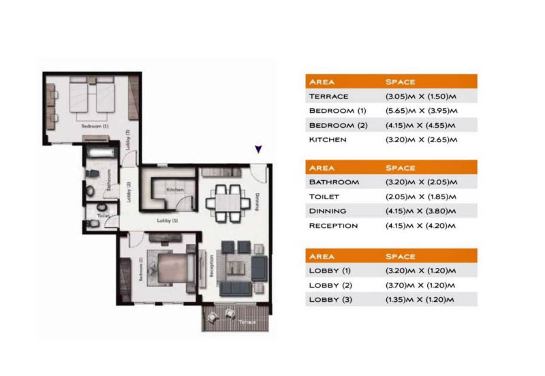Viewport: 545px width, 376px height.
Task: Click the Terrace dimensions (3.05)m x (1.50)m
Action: click(420, 97)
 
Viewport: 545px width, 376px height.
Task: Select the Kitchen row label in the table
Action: click(328, 140)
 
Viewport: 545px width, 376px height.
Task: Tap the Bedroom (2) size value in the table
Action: click(420, 126)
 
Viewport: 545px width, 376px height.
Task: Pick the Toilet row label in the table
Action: click(324, 196)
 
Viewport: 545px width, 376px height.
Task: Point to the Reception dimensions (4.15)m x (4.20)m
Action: click(420, 226)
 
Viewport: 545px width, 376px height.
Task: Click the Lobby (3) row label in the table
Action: click(332, 300)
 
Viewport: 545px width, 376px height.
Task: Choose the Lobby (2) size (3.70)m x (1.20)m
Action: click(420, 286)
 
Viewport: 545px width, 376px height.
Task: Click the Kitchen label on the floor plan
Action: click(175, 190)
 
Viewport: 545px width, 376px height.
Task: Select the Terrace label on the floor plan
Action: click(247, 323)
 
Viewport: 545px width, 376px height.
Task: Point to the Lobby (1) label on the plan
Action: click(167, 220)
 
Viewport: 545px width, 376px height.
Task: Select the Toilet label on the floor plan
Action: click(103, 215)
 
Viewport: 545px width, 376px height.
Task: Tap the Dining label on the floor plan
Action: click(258, 202)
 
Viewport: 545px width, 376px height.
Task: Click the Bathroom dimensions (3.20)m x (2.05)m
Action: click(420, 182)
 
